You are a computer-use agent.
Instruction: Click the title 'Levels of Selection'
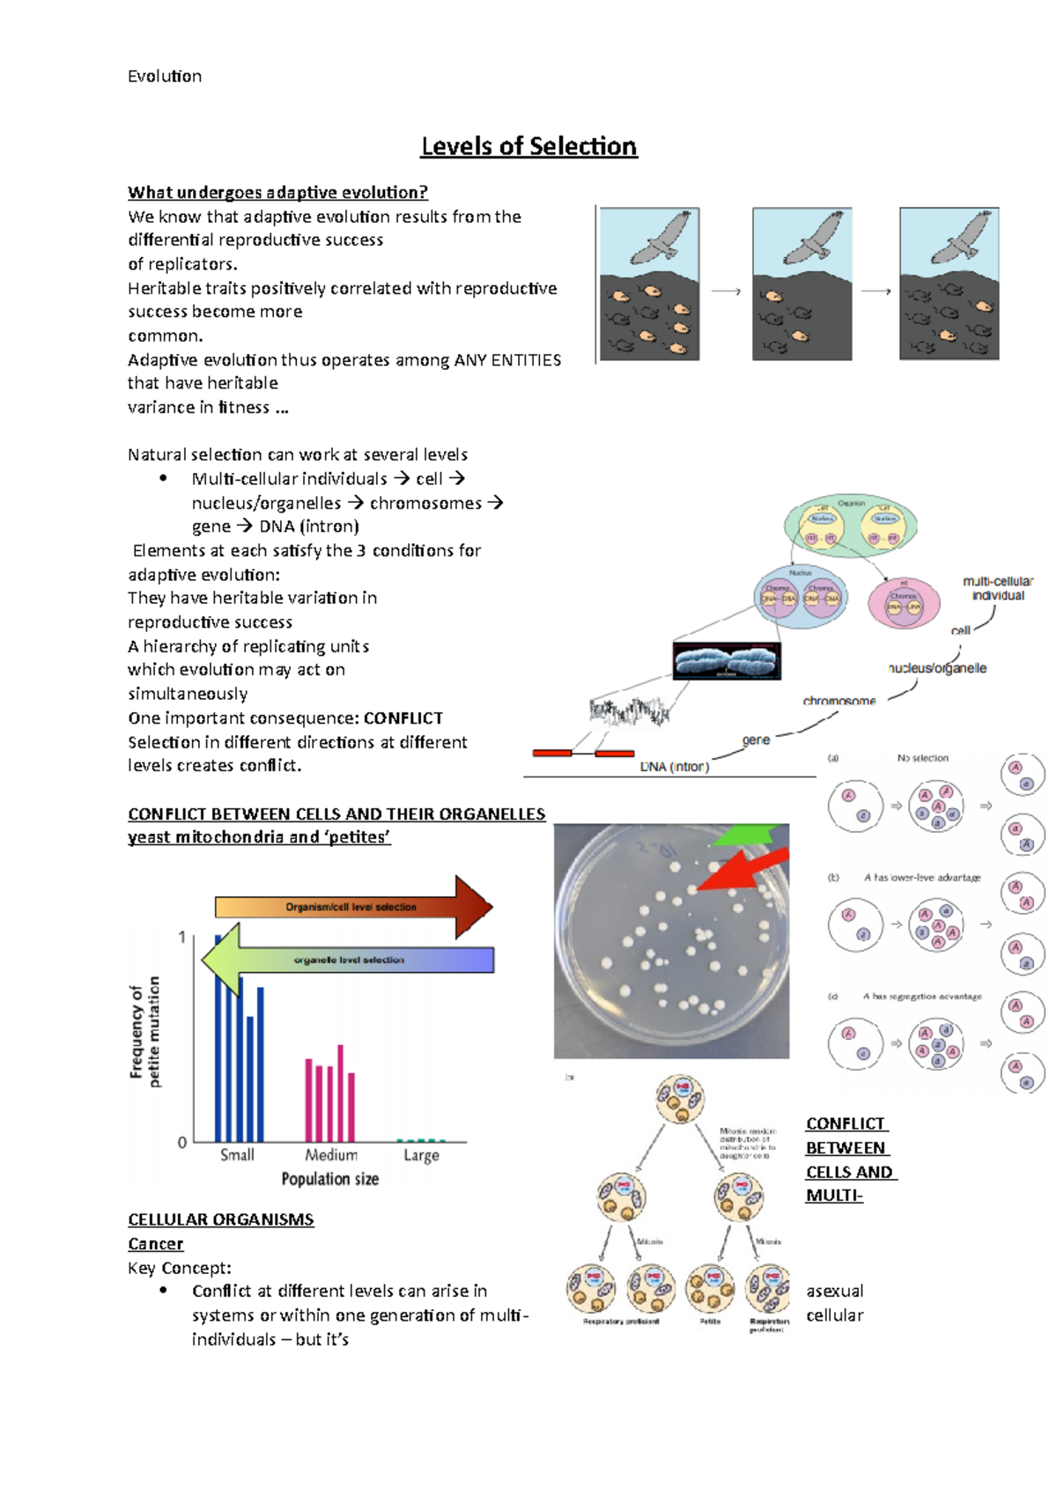(528, 146)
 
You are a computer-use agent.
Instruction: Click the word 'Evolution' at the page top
(165, 77)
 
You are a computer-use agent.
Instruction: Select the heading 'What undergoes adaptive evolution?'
(277, 193)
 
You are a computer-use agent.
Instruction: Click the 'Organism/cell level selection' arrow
(352, 907)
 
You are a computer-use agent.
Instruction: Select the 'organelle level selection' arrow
(349, 960)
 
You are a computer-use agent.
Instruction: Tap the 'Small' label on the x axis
(237, 1155)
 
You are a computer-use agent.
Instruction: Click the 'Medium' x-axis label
(331, 1155)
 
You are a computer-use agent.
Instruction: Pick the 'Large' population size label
(421, 1155)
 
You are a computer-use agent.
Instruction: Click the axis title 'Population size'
(330, 1179)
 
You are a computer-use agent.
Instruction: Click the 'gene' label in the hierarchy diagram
(756, 740)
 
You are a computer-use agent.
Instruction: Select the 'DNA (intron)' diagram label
(674, 767)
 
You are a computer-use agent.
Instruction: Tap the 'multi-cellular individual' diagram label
(998, 588)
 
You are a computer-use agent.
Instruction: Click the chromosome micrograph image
(727, 661)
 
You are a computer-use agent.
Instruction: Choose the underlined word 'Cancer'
(156, 1244)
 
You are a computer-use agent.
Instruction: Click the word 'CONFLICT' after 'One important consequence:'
(403, 718)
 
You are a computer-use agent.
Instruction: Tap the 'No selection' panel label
(923, 758)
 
